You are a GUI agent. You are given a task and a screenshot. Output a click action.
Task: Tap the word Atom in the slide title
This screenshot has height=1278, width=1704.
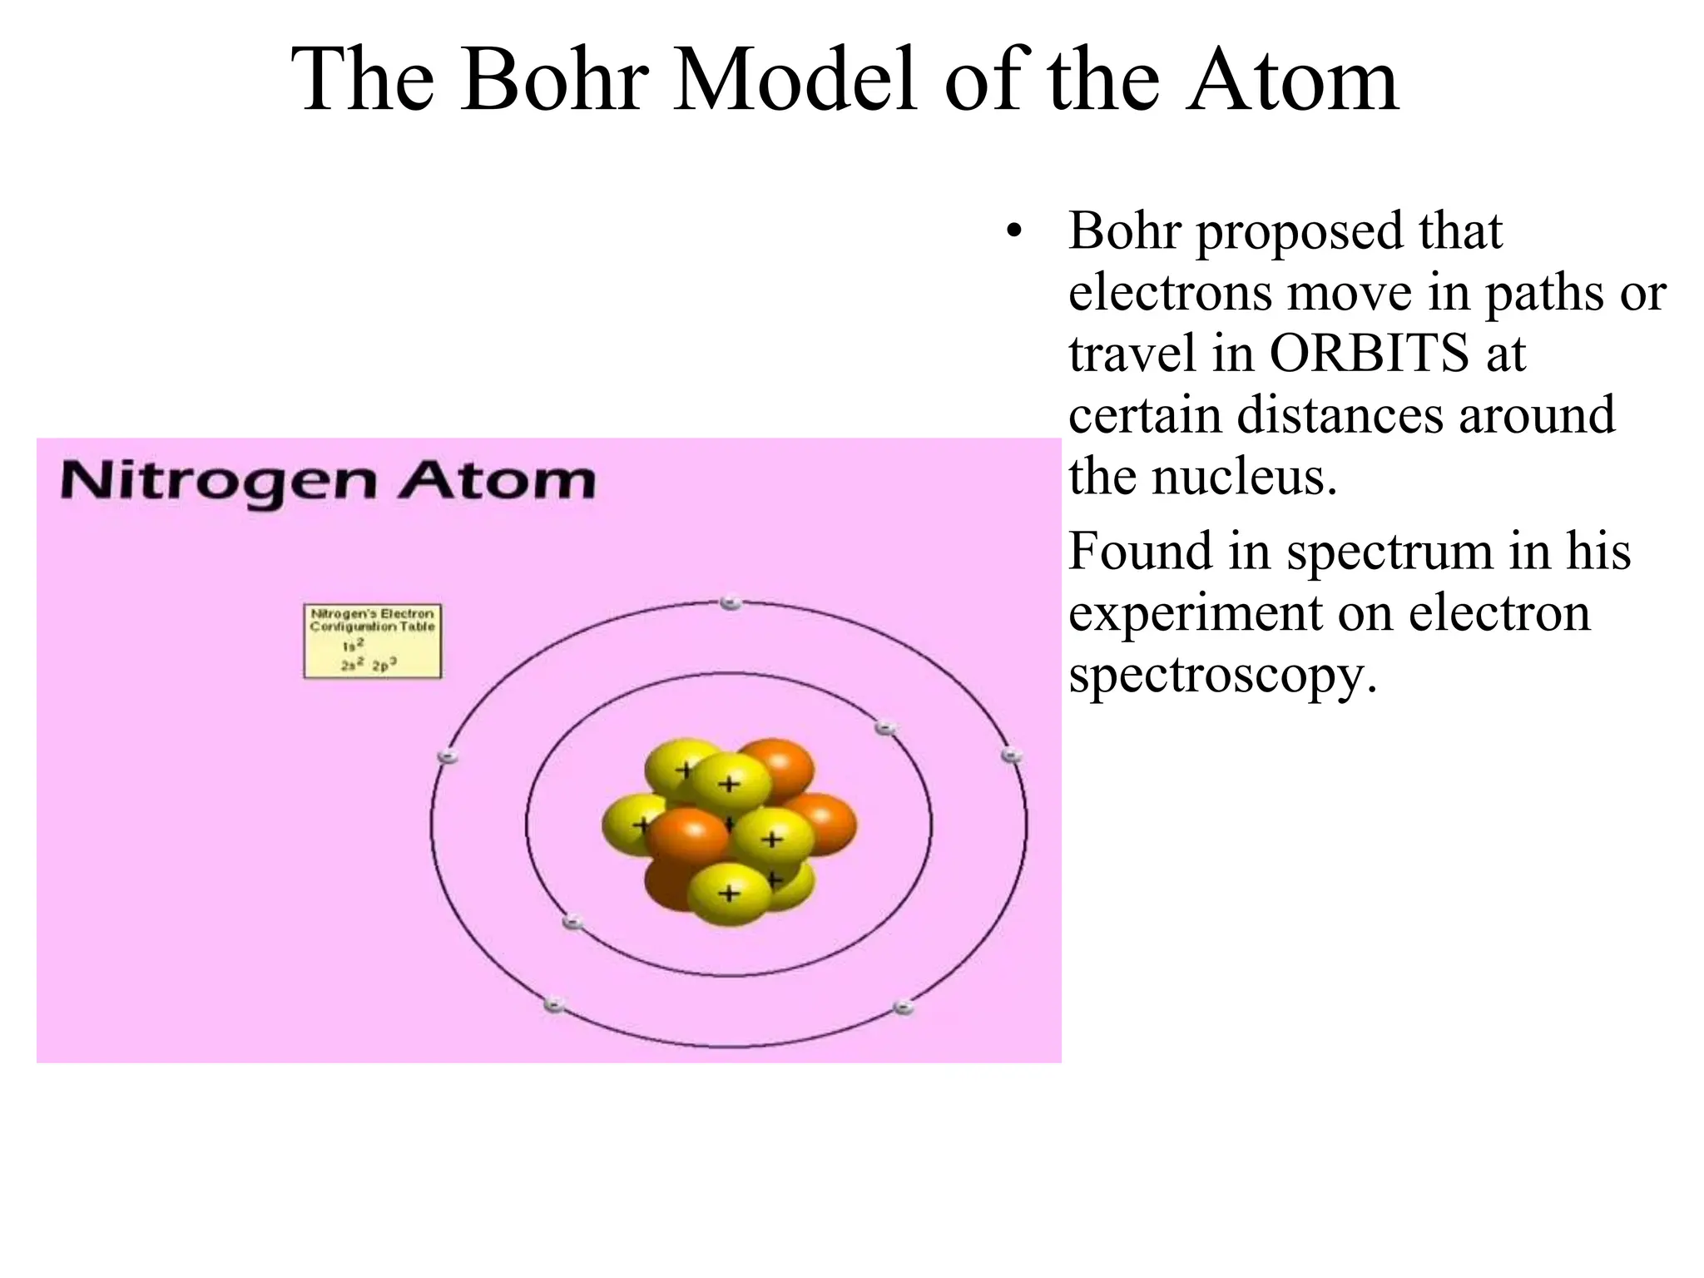[x=1292, y=81]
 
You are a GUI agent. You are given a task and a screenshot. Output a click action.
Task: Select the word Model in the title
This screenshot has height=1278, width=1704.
[x=795, y=81]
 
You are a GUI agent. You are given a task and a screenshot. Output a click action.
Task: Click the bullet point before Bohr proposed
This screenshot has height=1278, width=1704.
[x=1013, y=232]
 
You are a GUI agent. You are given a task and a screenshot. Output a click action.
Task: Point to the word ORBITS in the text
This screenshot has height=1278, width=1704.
[x=1369, y=353]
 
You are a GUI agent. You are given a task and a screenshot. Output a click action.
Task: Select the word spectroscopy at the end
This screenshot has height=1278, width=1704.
[x=1222, y=675]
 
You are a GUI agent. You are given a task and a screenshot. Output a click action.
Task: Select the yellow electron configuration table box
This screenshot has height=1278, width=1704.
[x=372, y=641]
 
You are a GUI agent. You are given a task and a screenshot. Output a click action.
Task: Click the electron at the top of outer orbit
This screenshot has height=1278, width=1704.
[x=731, y=602]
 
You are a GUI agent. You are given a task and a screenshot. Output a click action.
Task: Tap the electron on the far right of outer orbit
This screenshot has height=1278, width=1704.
[x=1011, y=755]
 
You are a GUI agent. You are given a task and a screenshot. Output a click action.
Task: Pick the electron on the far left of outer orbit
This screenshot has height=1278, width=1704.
[x=448, y=756]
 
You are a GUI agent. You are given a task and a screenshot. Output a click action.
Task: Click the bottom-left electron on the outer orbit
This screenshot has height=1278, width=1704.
[x=554, y=1005]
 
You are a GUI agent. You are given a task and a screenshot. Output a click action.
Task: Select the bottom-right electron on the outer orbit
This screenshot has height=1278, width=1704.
[x=904, y=1008]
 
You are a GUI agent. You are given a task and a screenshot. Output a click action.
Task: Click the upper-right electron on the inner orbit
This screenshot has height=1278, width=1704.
[x=885, y=728]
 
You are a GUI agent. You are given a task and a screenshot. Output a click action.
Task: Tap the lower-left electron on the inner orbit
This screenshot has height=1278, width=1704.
[x=572, y=922]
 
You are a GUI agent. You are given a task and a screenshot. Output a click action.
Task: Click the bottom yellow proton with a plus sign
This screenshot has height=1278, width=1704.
[x=729, y=894]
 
